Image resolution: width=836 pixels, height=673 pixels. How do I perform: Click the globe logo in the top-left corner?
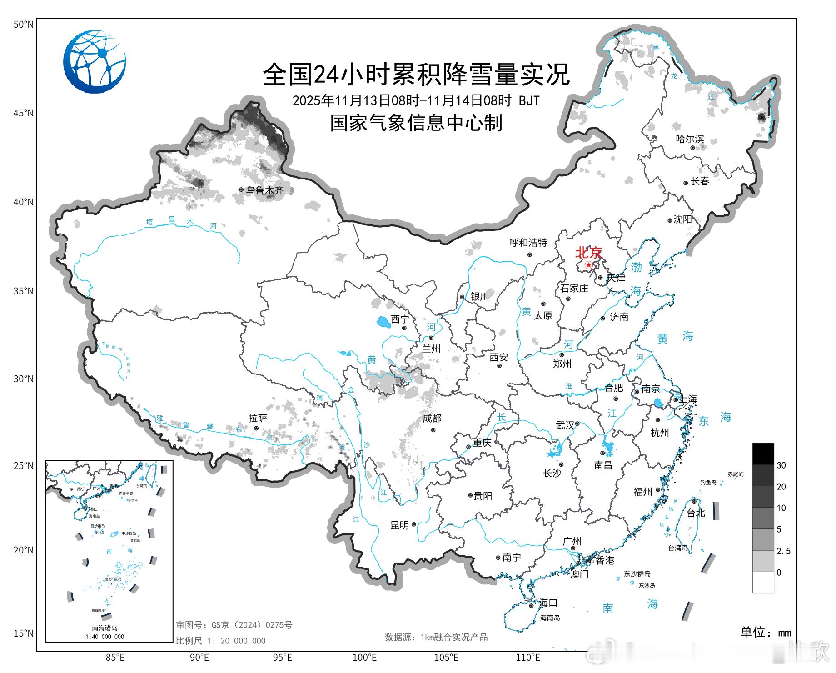(95, 62)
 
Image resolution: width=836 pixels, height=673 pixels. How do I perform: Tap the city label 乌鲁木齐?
(265, 190)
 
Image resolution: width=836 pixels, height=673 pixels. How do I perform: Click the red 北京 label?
(589, 252)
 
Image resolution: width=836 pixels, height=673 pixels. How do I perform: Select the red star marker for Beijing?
(589, 265)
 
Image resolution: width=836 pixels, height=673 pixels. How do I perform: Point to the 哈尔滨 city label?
(690, 139)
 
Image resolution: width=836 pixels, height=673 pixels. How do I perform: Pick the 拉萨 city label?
(258, 418)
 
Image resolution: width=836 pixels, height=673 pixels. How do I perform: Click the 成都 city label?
(432, 419)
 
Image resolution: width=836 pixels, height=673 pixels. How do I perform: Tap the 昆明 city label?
(400, 525)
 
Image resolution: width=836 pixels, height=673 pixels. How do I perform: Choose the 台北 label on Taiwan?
(696, 513)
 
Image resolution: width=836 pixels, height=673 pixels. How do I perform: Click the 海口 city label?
(548, 603)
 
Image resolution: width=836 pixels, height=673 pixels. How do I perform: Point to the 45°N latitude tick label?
(24, 113)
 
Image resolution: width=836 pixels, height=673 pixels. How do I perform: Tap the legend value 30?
(781, 465)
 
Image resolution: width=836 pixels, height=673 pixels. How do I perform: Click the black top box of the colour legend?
(763, 454)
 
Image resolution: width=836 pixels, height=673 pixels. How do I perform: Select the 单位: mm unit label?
(766, 633)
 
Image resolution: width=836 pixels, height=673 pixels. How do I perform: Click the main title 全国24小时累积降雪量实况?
(416, 74)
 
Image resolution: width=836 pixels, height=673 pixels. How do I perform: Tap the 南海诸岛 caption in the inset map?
(105, 628)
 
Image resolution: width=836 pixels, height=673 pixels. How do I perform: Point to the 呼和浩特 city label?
(528, 243)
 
